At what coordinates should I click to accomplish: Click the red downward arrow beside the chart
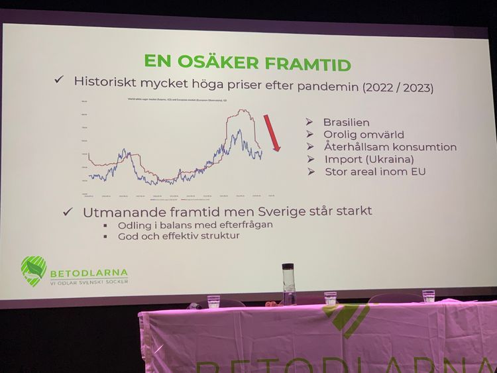click(271, 133)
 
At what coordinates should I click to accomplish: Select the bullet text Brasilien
click(346, 123)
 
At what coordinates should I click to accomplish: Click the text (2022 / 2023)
click(398, 87)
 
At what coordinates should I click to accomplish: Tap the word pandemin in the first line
click(321, 86)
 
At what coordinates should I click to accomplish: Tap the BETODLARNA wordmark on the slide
click(89, 272)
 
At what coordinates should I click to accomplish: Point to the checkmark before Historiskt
click(59, 80)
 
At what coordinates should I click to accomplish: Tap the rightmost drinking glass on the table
click(429, 296)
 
